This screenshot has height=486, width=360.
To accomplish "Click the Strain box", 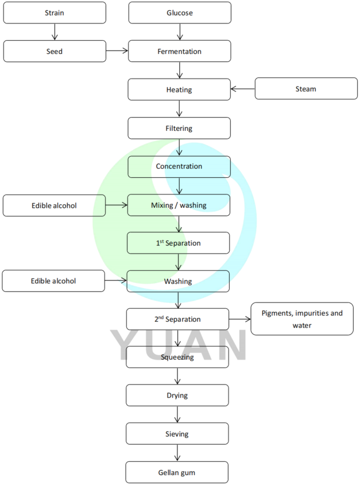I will (55, 13).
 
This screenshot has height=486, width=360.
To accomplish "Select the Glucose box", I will (180, 13).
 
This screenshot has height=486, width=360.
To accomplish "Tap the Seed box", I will (55, 51).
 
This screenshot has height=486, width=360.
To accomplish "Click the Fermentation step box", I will (180, 51).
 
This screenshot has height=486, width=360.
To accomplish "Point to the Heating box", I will (179, 90).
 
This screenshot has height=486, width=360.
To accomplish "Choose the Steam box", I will (305, 89).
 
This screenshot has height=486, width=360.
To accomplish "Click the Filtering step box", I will (179, 128).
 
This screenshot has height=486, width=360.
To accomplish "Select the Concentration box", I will (179, 166).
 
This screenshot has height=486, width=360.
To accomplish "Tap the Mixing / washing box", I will (179, 205).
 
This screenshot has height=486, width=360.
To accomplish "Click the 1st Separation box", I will (179, 243).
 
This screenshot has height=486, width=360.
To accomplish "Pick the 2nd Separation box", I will (178, 318).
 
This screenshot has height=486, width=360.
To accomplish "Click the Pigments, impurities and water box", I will (302, 318).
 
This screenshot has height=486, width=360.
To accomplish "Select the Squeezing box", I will (177, 357).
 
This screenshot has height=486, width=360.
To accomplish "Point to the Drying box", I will (177, 395).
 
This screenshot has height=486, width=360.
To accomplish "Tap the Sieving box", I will (177, 434).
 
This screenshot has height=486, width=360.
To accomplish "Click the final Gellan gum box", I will (177, 472).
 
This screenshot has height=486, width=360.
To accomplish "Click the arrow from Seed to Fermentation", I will (117, 51).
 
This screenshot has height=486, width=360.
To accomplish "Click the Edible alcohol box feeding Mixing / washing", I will (54, 205).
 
